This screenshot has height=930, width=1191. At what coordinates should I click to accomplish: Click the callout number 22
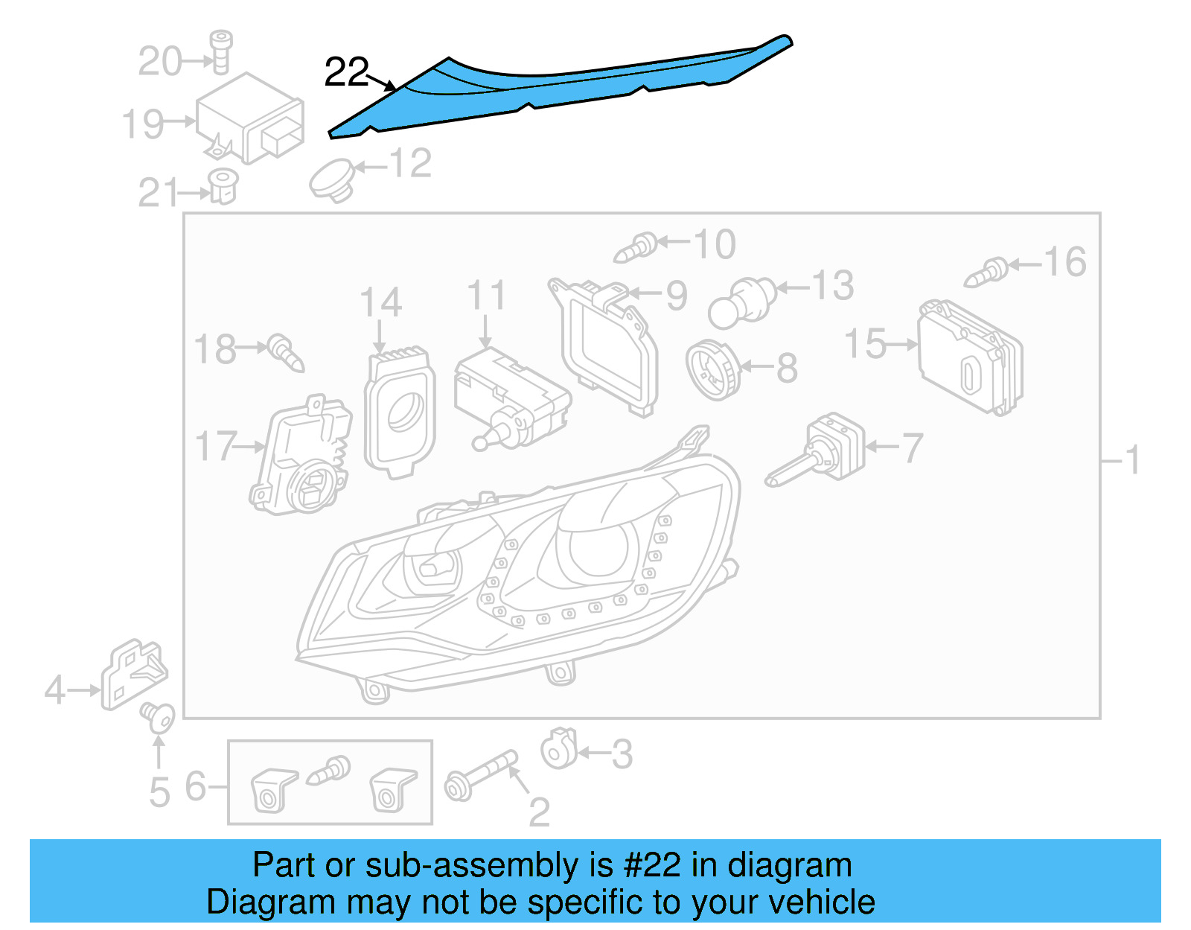[x=346, y=73]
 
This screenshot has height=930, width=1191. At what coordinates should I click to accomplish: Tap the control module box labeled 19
[x=249, y=119]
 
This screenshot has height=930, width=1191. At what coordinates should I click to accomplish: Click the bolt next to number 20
[x=220, y=52]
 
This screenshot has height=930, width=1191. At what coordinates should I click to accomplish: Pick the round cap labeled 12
[x=332, y=179]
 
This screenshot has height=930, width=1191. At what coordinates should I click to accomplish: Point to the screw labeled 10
[x=636, y=247]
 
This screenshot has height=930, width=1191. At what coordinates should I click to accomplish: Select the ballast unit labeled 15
[x=970, y=357]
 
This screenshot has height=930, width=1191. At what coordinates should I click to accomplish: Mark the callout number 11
[x=486, y=296]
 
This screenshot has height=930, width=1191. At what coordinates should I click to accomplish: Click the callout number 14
[x=380, y=302]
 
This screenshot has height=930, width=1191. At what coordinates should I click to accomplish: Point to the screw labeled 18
[x=287, y=353]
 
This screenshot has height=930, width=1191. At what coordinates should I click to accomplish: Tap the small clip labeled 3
[x=559, y=748]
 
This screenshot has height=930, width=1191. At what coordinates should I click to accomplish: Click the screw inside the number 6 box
[x=330, y=770]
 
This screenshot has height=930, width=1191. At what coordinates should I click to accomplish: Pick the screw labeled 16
[x=986, y=273]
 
